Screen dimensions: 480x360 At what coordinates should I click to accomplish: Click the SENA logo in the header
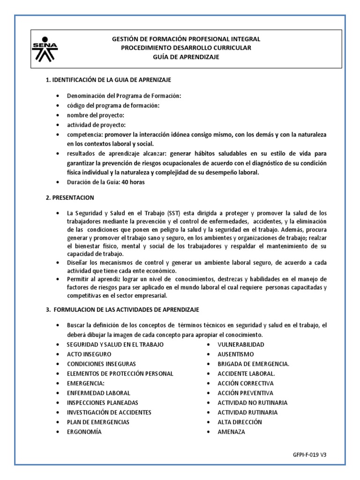coord(45,48)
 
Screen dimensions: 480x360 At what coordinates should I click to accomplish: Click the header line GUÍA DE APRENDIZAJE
coord(186,57)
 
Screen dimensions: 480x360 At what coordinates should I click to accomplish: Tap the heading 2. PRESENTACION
coord(70,198)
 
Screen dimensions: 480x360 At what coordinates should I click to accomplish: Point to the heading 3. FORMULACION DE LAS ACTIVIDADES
coord(122,310)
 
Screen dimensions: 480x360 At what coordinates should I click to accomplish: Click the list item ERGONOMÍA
coord(84,432)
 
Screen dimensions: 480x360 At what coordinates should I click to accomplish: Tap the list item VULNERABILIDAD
coord(240,344)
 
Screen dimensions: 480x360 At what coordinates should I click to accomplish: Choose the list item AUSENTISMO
coord(235,354)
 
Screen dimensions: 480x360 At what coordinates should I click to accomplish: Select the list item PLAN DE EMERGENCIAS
coord(98,422)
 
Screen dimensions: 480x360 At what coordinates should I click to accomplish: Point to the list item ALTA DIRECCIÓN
coord(240,422)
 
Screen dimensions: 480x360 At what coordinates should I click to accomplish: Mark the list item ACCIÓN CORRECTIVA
coord(245,383)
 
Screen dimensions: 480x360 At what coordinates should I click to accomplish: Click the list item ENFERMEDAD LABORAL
coord(98,393)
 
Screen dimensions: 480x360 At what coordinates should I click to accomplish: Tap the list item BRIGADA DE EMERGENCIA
coord(253,364)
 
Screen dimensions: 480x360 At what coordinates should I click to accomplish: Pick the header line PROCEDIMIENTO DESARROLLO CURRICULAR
coord(186,48)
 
